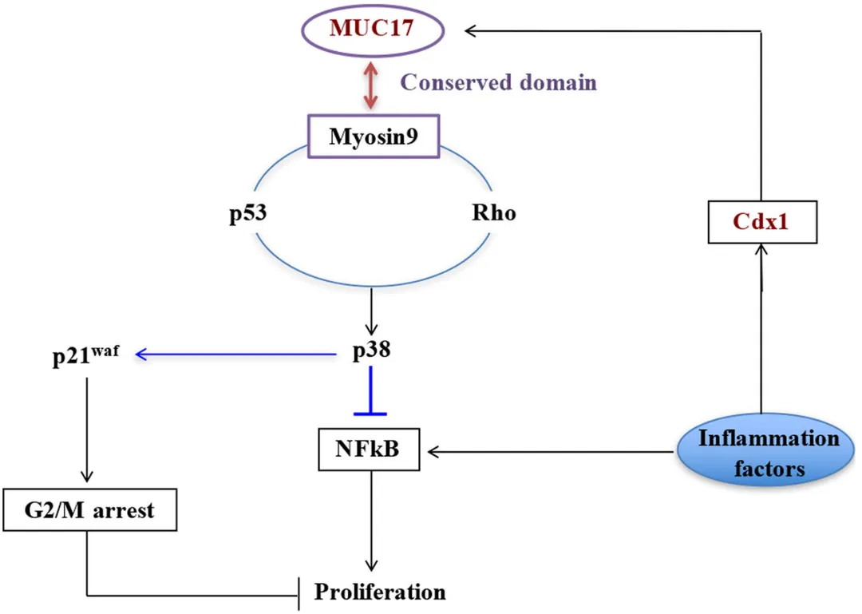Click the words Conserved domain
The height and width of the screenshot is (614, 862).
pyautogui.click(x=498, y=83)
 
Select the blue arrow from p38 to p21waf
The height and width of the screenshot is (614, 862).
pyautogui.click(x=239, y=353)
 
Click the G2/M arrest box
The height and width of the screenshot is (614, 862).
pyautogui.click(x=89, y=509)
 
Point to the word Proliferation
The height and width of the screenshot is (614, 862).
pyautogui.click(x=379, y=592)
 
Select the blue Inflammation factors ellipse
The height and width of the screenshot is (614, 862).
pyautogui.click(x=757, y=451)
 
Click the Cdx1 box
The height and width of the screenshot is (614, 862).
pyautogui.click(x=761, y=223)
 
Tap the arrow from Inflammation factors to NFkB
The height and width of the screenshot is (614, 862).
pyautogui.click(x=551, y=452)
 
